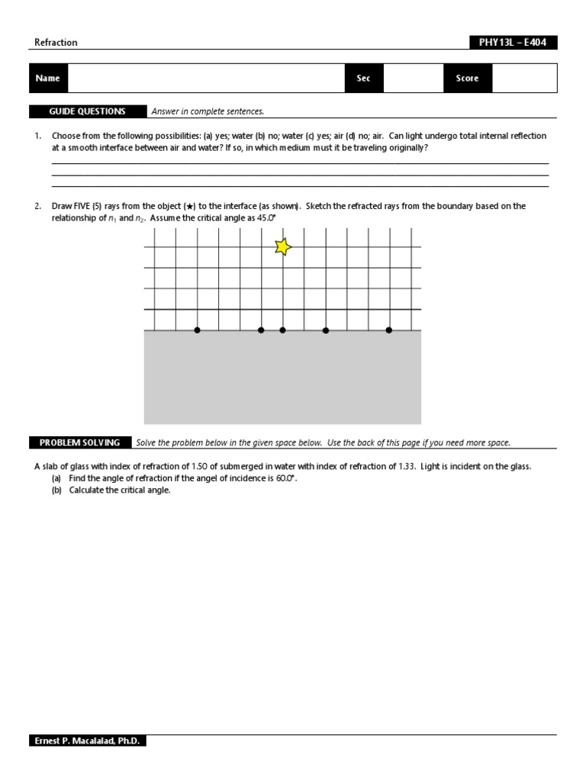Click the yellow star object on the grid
tap(283, 246)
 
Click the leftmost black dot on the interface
tap(198, 330)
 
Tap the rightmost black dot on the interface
tap(388, 330)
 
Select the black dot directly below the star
tap(282, 330)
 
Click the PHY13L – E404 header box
tap(513, 43)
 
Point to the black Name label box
tap(47, 79)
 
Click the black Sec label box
tap(364, 79)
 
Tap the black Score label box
tap(468, 79)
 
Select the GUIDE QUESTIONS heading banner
tap(88, 111)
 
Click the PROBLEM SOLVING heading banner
tap(80, 442)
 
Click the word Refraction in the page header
tap(56, 43)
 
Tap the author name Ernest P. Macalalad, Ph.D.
tap(88, 741)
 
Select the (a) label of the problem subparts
tap(56, 478)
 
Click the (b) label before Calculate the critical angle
tap(56, 490)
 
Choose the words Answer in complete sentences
tap(208, 111)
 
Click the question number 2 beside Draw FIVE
tap(37, 206)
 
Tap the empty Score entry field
tap(524, 79)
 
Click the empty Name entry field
tap(206, 79)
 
